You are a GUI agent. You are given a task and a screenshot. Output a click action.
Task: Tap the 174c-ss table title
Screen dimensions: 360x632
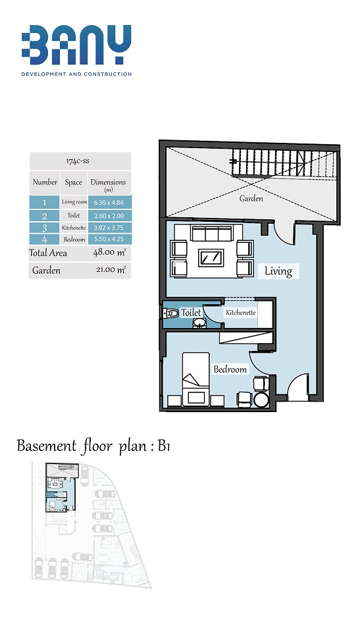coord(78,161)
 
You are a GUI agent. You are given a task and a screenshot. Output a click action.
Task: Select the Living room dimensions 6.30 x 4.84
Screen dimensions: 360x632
coord(109,203)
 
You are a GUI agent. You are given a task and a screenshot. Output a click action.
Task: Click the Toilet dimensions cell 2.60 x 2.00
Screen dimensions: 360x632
coord(109,215)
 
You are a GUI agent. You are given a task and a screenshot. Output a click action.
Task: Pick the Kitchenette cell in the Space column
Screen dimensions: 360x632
coord(74,227)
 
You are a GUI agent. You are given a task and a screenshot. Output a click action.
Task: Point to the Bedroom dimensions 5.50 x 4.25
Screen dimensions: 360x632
coord(109,239)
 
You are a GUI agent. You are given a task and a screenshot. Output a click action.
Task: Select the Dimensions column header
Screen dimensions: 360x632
coord(108,184)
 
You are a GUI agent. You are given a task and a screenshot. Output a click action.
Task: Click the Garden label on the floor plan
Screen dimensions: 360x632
coord(251,198)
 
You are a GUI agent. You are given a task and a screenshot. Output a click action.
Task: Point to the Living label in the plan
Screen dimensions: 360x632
coord(278,271)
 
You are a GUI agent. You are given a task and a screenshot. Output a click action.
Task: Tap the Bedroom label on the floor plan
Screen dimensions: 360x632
coord(230,369)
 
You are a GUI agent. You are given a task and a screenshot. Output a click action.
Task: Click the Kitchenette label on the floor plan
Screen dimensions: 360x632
coord(241,313)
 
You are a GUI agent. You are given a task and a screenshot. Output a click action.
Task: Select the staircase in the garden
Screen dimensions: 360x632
coord(284,163)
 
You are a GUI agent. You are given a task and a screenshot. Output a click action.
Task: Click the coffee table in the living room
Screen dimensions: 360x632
coord(211,257)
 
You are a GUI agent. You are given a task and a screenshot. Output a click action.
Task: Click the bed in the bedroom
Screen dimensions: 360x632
coord(196,379)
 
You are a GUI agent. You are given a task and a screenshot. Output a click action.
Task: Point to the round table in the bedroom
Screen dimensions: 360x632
coord(263,400)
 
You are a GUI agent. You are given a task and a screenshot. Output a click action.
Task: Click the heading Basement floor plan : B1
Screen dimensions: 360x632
coord(93,446)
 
